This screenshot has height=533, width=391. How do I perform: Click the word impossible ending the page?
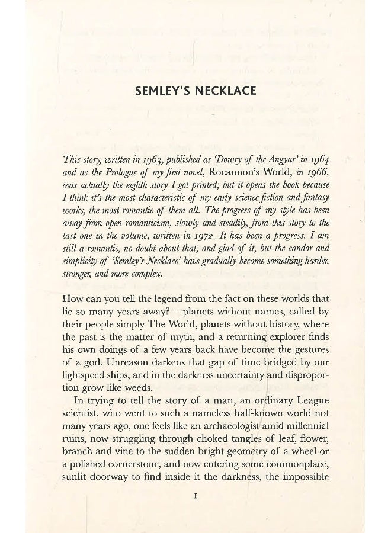[x=305, y=484]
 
